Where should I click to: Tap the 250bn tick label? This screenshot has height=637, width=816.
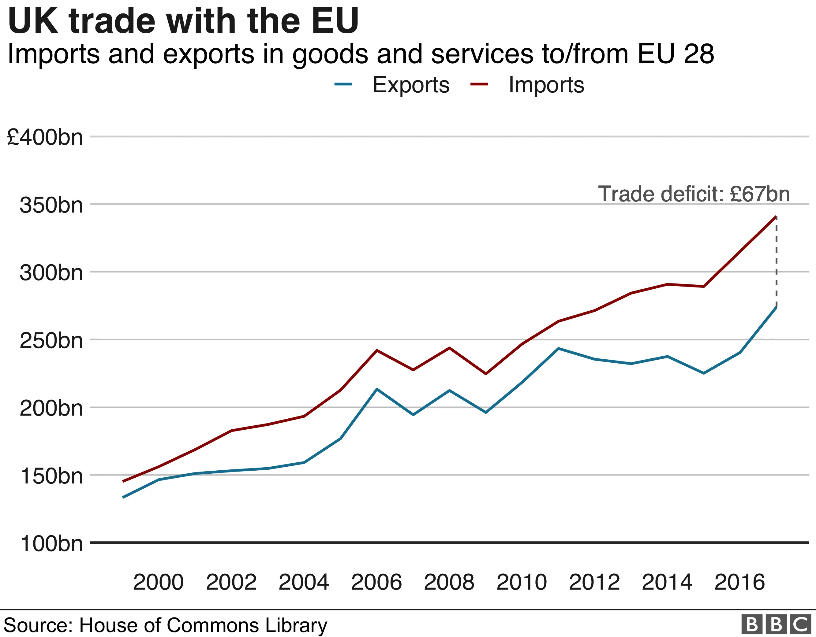tap(51, 341)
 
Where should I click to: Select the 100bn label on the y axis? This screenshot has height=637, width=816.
tap(51, 544)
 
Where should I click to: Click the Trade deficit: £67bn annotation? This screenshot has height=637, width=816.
tap(694, 194)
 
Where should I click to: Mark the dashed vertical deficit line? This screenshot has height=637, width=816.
tap(776, 261)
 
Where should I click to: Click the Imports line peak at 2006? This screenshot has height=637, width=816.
tap(376, 350)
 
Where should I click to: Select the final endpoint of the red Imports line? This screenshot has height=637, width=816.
tap(776, 217)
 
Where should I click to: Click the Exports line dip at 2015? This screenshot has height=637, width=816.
tap(704, 373)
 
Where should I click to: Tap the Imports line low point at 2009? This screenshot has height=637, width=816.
tap(486, 374)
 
